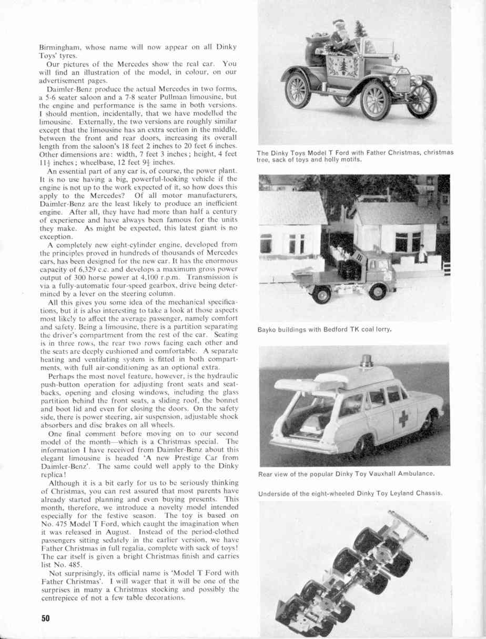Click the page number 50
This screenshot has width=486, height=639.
[46, 619]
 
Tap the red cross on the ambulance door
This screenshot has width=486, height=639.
[403, 418]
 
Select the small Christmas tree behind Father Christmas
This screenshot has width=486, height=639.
[361, 29]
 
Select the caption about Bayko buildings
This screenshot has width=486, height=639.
[326, 330]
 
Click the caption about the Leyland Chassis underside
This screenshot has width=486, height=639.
[350, 493]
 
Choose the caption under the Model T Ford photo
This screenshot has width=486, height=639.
[355, 156]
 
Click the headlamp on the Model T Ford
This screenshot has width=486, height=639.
[393, 81]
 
